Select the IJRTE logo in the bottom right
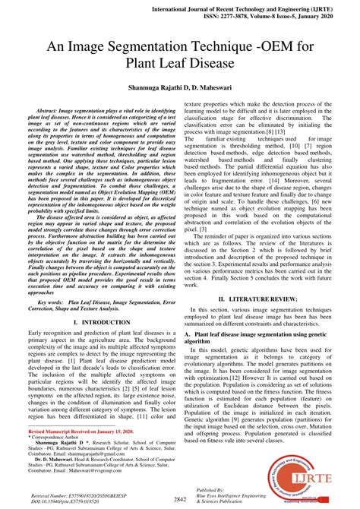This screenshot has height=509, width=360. coord(322,476)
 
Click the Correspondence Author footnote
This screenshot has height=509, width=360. coord(61,437)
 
